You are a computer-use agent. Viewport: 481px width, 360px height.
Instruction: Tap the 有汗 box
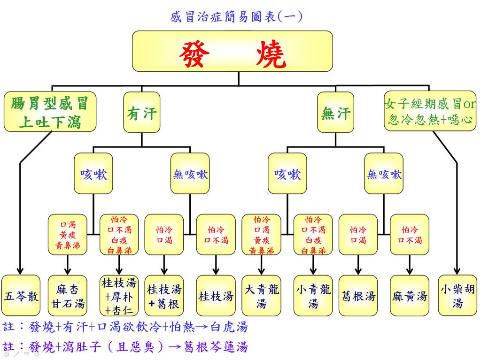141,113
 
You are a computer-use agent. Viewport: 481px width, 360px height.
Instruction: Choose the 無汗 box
335,113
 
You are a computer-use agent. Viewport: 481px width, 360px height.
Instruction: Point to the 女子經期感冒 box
430,111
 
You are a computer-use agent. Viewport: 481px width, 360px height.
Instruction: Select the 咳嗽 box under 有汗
93,174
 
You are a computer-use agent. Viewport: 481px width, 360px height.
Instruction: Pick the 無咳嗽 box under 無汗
384,174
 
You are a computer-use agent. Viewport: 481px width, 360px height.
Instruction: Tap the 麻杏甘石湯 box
68,296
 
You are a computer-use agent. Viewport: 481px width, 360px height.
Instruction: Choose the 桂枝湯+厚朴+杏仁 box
119,296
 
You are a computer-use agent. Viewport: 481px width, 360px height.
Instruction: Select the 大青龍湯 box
261,296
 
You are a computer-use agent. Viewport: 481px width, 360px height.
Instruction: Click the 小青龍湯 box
313,296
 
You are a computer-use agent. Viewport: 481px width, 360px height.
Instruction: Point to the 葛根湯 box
358,296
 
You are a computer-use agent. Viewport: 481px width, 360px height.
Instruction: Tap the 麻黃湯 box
410,296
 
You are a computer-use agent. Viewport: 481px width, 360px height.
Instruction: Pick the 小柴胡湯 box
457,296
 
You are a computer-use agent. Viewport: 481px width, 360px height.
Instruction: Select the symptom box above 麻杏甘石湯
68,234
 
